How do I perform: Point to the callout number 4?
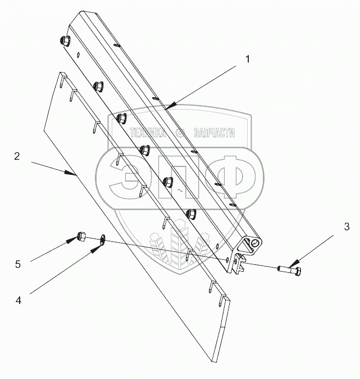tap(19, 300)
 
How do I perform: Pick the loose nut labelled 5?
tap(81, 237)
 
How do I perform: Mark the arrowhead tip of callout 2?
tap(77, 175)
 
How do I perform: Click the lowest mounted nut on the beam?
tap(192, 214)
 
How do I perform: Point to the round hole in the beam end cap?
tap(256, 243)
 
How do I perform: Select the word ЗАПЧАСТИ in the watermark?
tap(214, 133)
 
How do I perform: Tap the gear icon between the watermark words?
tap(180, 133)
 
